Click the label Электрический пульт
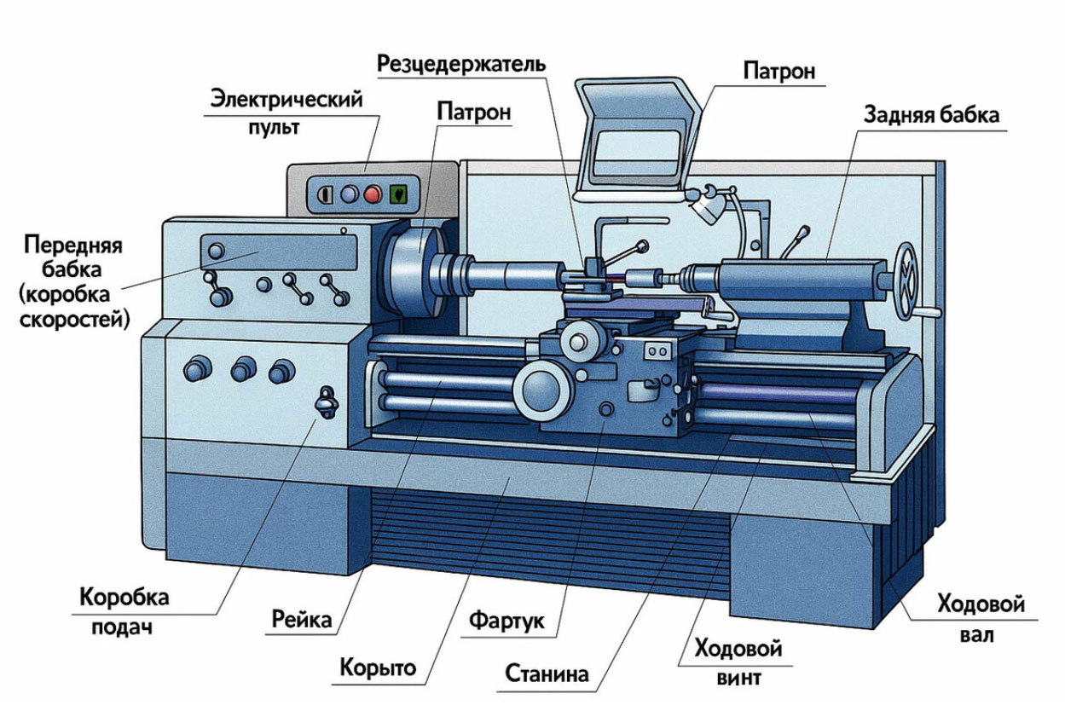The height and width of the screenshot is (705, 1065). pyautogui.click(x=286, y=111)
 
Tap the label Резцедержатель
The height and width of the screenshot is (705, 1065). pyautogui.click(x=461, y=63)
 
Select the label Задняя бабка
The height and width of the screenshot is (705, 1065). pyautogui.click(x=931, y=114)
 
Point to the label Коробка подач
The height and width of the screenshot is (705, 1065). pyautogui.click(x=124, y=610)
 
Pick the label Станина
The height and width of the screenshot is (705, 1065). pyautogui.click(x=547, y=673)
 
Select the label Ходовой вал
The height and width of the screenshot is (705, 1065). pyautogui.click(x=981, y=618)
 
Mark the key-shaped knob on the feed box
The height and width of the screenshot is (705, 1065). pyautogui.click(x=326, y=401)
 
